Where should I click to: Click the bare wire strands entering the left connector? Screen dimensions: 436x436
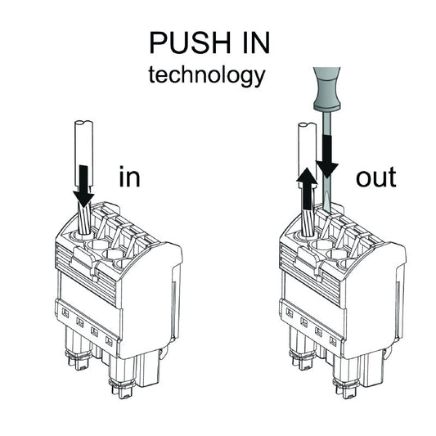coord(86,221)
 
